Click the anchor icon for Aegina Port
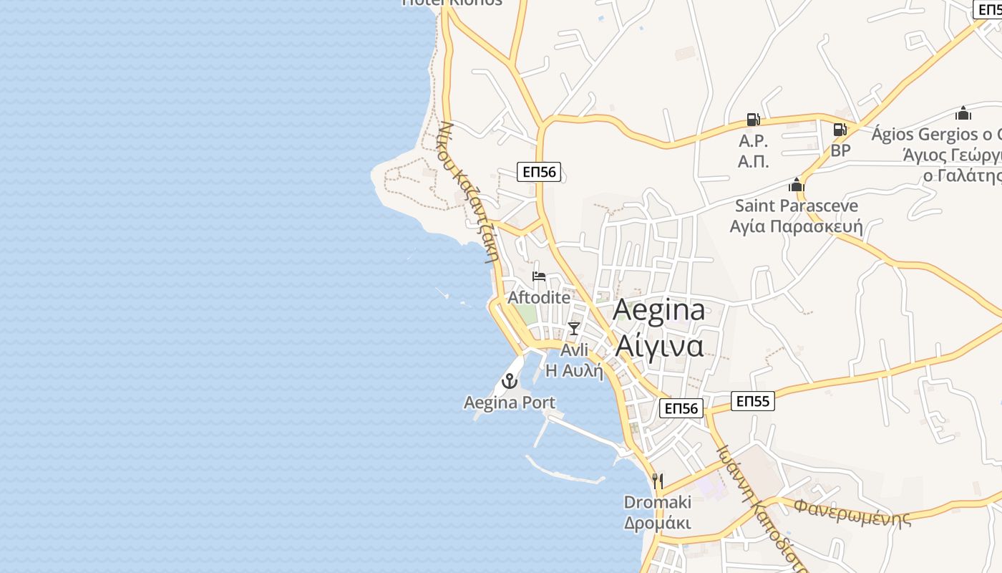click(x=510, y=381)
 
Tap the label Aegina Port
click(x=510, y=403)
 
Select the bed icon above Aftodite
click(x=539, y=276)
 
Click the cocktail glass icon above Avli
click(x=573, y=328)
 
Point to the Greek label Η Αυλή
click(x=575, y=370)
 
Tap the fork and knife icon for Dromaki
click(x=658, y=481)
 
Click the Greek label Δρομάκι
click(x=658, y=523)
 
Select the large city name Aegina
click(x=659, y=310)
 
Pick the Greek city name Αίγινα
click(x=659, y=346)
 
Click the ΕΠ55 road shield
click(x=753, y=401)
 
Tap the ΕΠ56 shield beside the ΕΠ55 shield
click(x=681, y=408)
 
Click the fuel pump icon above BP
click(x=840, y=130)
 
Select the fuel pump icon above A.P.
click(x=753, y=120)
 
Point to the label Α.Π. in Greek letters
click(x=753, y=162)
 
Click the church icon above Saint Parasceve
click(x=797, y=185)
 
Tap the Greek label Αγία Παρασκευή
click(x=796, y=227)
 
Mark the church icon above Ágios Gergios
click(x=963, y=113)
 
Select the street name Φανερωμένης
click(x=852, y=511)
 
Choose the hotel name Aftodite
click(x=539, y=297)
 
